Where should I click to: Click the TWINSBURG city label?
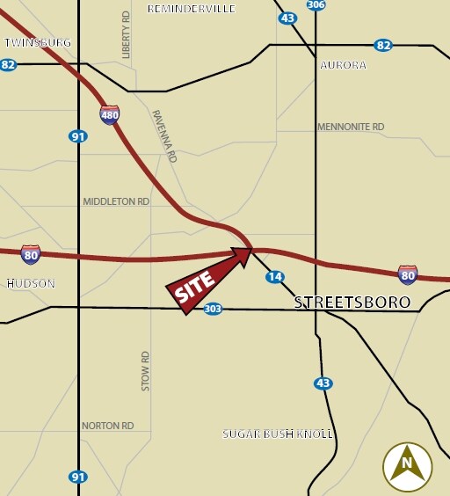tap(37, 42)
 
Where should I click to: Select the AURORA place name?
tap(343, 65)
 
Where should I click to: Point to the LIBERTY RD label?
tap(126, 36)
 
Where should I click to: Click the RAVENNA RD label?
tap(164, 135)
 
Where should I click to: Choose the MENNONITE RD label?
tap(351, 128)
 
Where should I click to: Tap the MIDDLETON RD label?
tap(116, 201)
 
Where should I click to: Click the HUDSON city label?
tap(31, 283)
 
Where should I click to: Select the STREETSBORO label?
tap(352, 303)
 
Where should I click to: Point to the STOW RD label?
tap(146, 370)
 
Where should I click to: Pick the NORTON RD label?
tap(107, 426)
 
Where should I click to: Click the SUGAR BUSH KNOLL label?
tap(277, 434)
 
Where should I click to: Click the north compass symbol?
tap(407, 463)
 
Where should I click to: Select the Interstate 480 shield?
tap(110, 115)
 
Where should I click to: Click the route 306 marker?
tap(316, 4)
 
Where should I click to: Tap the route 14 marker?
tap(275, 277)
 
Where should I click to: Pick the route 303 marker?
tap(213, 309)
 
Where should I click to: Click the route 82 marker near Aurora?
tap(382, 46)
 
